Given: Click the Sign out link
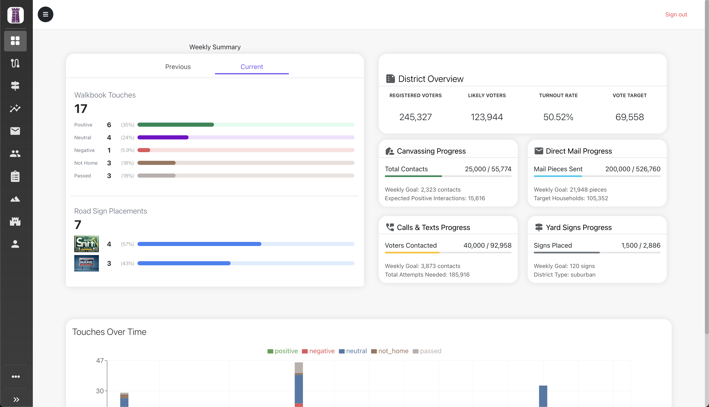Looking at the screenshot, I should [676, 15].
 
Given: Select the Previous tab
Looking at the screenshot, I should [178, 67].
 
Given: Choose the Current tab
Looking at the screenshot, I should [252, 67].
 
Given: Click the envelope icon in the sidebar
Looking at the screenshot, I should [15, 131].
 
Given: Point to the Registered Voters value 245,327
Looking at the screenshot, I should [415, 117].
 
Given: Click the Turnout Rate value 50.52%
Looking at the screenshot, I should [558, 117].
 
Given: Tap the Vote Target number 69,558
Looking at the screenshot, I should [629, 117].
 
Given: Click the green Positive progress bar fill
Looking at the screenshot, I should [175, 125].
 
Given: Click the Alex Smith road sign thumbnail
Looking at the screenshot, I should [86, 244].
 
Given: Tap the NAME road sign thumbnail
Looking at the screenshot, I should [86, 263].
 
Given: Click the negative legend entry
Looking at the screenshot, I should [318, 351].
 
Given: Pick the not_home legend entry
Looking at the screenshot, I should [390, 351].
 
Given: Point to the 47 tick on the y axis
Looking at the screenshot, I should [100, 361].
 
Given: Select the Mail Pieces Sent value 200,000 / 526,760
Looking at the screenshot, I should [632, 169].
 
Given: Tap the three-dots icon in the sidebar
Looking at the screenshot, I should [16, 377].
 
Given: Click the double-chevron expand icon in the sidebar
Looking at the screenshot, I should [16, 399].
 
